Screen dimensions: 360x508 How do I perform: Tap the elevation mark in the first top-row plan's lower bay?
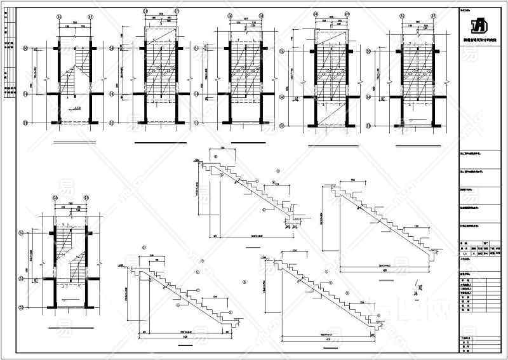click(76, 109)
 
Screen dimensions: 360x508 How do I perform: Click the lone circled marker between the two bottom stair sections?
click(244, 281)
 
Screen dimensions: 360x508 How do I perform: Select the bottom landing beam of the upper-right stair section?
click(434, 255)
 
